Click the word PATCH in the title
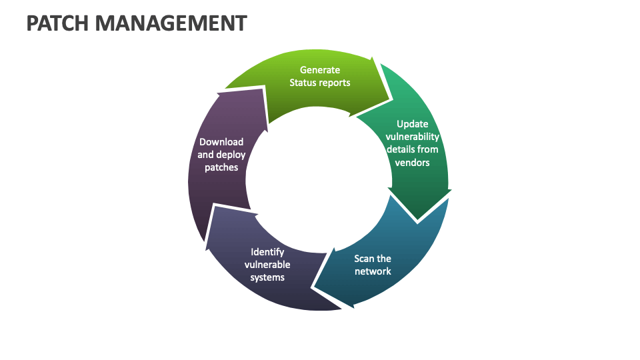58,23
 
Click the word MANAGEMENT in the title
171,23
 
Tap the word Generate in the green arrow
319,70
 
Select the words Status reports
319,83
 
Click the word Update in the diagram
413,124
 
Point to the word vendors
413,162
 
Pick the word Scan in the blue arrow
363,259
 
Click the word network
373,271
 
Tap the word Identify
267,252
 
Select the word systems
267,277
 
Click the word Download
221,142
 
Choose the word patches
221,167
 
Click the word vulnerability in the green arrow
413,137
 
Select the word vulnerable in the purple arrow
267,265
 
